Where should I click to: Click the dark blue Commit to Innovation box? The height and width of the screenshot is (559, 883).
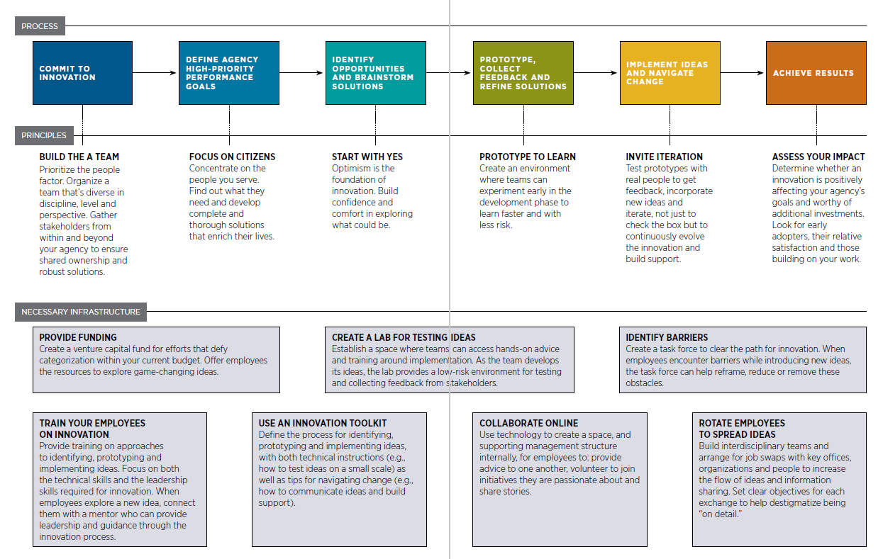(x=82, y=73)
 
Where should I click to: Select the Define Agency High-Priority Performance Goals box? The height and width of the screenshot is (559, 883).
(x=229, y=73)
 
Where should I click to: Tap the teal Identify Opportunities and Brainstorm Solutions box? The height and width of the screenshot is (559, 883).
(x=375, y=73)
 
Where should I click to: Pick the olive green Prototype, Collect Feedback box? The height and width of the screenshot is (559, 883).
(x=523, y=73)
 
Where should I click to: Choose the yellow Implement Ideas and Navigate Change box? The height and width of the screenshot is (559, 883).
(x=670, y=73)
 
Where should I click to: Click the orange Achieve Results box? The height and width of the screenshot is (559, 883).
(x=816, y=73)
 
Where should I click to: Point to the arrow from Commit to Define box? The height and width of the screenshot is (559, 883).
(x=155, y=72)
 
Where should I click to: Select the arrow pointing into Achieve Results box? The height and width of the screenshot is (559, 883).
(x=743, y=72)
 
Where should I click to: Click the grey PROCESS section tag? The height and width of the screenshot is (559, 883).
(x=40, y=26)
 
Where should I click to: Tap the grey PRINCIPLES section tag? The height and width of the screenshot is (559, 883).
(x=44, y=135)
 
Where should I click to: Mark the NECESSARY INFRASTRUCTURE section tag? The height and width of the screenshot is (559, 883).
(x=81, y=312)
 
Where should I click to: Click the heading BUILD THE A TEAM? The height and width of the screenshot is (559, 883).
(x=79, y=157)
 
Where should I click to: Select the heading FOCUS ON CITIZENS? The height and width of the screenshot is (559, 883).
(x=232, y=157)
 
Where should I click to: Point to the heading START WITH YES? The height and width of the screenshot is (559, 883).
(x=367, y=157)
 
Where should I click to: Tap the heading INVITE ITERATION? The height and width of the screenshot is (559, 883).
(x=664, y=157)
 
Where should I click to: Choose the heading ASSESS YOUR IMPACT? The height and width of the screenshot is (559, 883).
(x=818, y=157)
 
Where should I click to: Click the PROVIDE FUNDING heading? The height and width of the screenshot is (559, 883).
(x=78, y=337)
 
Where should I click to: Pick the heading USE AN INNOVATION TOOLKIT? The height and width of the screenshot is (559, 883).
(x=323, y=423)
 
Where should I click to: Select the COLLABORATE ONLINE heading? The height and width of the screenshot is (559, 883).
(x=528, y=423)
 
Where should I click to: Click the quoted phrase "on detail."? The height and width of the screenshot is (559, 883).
(x=720, y=514)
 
